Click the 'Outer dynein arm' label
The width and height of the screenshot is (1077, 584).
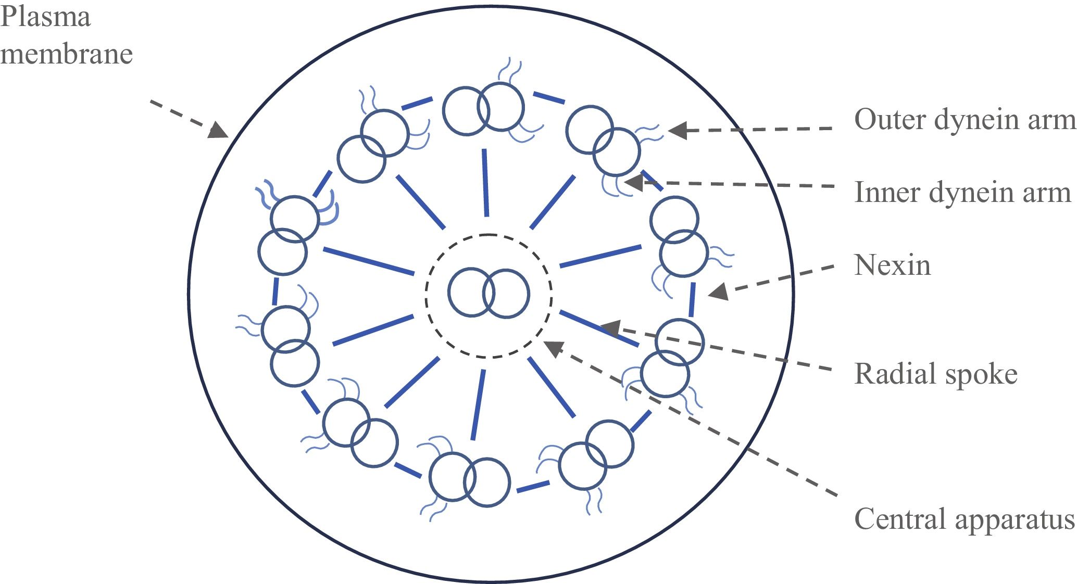pos(965,120)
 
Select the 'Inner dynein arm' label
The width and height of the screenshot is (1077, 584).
pos(962,193)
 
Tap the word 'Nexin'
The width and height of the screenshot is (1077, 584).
pos(892,265)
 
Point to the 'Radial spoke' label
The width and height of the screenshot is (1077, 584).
pos(936,374)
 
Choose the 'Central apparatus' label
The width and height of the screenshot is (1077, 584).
pos(965,519)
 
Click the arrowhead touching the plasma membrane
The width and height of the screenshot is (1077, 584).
pos(219,130)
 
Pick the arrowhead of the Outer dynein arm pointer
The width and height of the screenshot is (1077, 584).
pos(677,130)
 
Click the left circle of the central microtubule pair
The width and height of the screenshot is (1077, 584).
pos(471,293)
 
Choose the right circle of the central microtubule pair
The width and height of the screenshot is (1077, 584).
pos(506,294)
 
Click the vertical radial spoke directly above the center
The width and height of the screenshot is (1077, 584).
pos(485,182)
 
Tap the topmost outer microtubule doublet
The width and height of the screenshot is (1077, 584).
pos(483,109)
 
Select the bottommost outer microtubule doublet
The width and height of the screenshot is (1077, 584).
pos(469,480)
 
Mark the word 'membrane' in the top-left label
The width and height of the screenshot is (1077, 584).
pos(66,55)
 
